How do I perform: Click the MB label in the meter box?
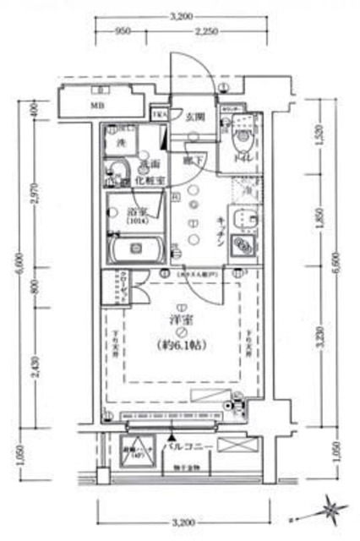[98, 107]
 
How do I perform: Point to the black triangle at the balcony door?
[170, 438]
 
